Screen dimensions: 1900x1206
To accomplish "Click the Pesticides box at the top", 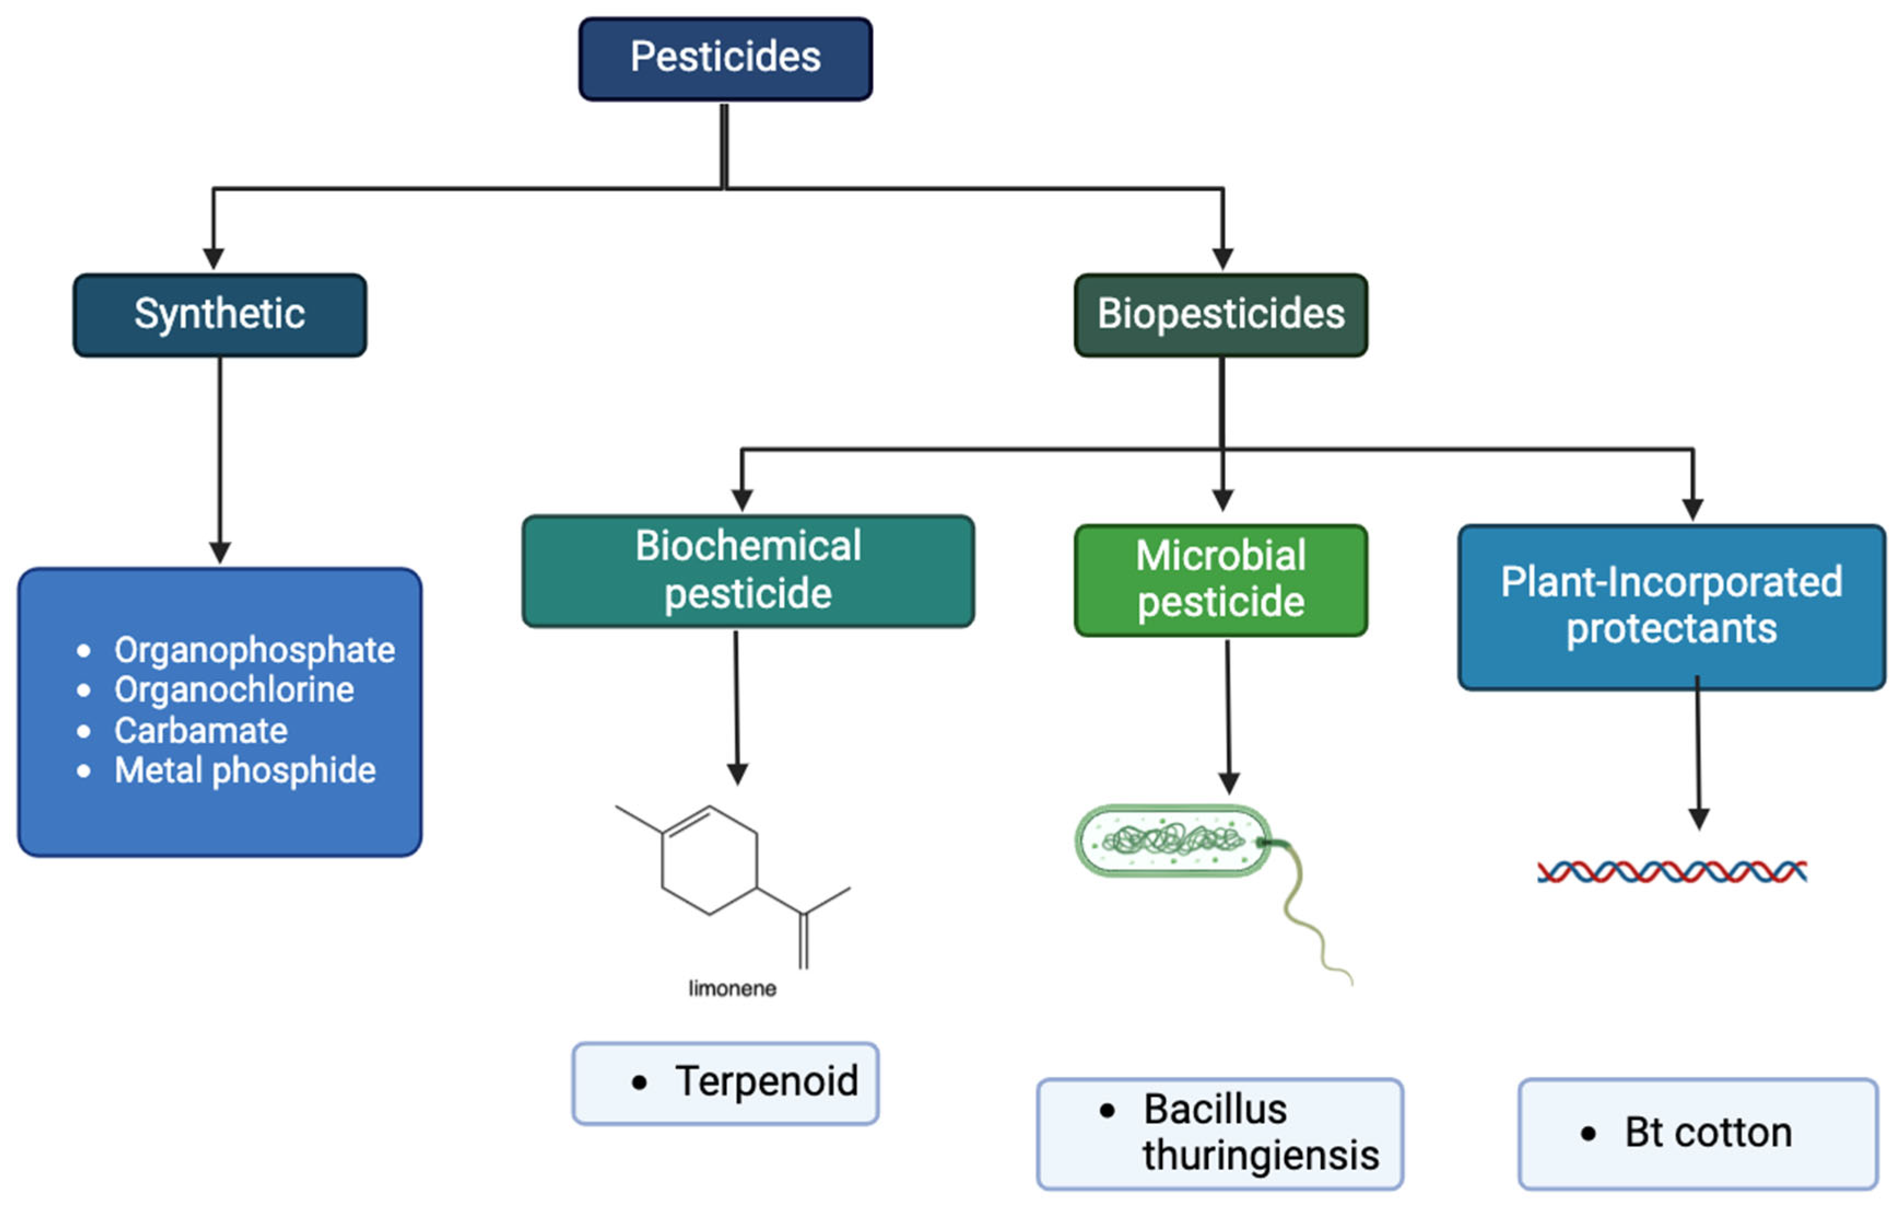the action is [725, 59].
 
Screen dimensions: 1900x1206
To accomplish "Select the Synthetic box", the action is [219, 315].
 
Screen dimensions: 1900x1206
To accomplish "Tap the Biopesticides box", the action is [1221, 315].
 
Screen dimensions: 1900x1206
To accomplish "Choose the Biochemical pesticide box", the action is [748, 571].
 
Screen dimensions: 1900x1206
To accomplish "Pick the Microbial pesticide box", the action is [1221, 580].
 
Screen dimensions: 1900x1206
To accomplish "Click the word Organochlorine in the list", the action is [234, 690].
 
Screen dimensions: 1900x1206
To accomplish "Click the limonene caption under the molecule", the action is [732, 988].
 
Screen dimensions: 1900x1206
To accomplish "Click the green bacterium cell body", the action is [1173, 840].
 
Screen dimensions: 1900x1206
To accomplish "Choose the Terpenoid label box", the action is [725, 1083].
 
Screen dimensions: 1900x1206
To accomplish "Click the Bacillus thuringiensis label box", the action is [1220, 1133].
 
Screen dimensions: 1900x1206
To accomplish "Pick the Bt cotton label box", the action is [1698, 1133].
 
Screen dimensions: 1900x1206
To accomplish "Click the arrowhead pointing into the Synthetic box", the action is [213, 259].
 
